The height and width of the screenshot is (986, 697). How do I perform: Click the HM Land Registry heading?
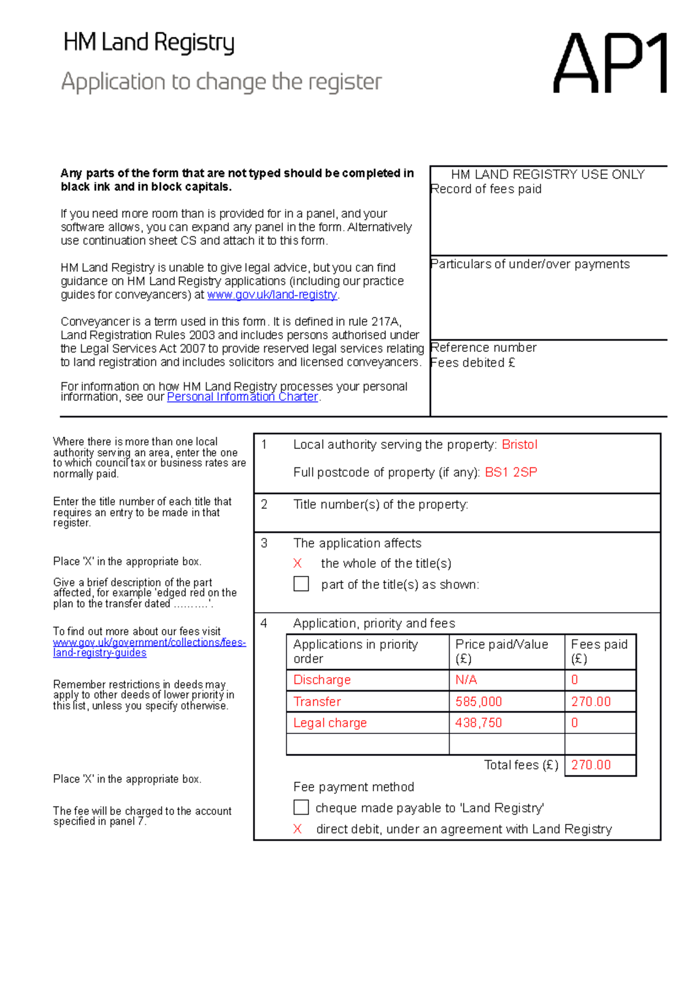(x=149, y=43)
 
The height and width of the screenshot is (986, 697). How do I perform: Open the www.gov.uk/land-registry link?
(x=272, y=295)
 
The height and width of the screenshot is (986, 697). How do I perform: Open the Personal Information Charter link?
(x=242, y=397)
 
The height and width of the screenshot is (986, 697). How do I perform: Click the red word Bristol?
(x=519, y=445)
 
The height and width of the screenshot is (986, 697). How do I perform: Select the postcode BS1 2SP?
(x=511, y=473)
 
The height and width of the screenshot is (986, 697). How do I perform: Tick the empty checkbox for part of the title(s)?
(x=301, y=584)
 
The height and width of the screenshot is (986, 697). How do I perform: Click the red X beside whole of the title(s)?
(x=297, y=563)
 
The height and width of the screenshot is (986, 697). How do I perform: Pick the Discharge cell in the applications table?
(x=322, y=680)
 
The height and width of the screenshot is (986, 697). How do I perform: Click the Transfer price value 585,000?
(x=479, y=701)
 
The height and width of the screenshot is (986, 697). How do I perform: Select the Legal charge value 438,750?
(x=479, y=723)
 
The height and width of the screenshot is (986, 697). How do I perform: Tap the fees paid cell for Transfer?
(x=591, y=701)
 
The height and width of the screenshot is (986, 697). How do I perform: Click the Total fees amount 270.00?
(x=591, y=765)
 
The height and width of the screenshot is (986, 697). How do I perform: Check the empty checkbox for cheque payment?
(x=301, y=807)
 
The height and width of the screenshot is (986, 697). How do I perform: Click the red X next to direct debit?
(x=297, y=829)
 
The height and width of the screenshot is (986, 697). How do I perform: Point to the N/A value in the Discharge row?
(x=466, y=680)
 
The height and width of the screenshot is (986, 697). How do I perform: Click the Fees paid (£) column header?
(x=599, y=652)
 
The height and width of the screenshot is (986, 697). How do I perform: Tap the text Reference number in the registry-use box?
(x=483, y=348)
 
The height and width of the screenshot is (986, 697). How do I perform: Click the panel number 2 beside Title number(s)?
(x=264, y=505)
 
